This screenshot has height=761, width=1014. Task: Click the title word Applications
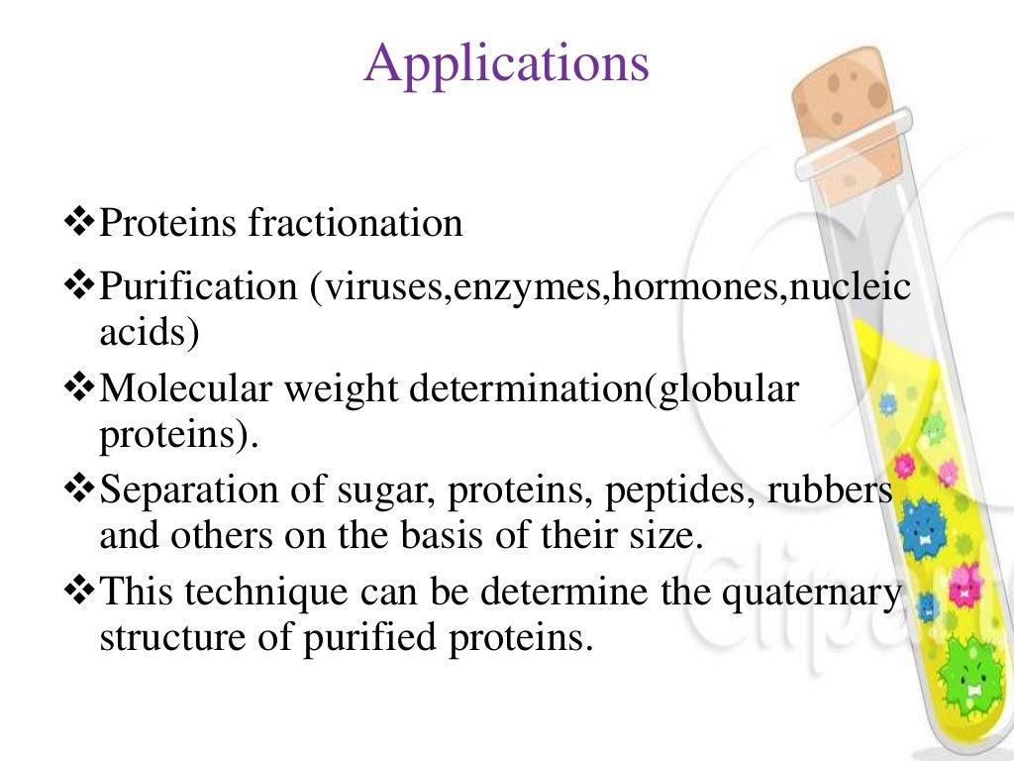507,63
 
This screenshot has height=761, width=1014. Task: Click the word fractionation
355,224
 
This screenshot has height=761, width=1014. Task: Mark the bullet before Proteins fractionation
77,222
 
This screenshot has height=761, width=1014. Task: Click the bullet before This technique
77,591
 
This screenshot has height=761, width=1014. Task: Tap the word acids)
149,333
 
